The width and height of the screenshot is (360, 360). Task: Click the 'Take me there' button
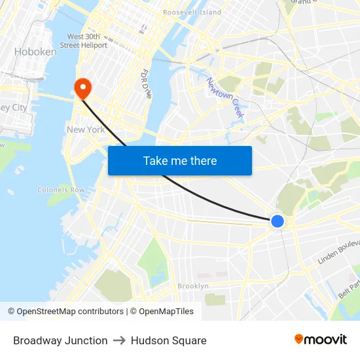[180, 161]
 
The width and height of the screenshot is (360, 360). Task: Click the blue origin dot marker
[278, 221]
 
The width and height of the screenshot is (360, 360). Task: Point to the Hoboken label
[35, 52]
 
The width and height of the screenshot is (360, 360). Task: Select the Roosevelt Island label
[192, 12]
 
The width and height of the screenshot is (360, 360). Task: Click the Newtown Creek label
[225, 98]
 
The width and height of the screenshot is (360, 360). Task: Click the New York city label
[86, 130]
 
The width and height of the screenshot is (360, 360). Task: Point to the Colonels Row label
[61, 190]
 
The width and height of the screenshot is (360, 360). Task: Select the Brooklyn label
[193, 286]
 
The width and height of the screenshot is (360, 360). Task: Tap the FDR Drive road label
[147, 84]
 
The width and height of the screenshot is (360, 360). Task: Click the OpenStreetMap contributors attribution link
[70, 312]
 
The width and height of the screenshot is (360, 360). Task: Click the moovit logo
[321, 340]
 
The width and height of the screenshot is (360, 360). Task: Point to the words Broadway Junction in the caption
[60, 340]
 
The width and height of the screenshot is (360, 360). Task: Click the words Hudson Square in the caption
[169, 340]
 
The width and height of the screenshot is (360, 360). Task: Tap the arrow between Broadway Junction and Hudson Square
[119, 340]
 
